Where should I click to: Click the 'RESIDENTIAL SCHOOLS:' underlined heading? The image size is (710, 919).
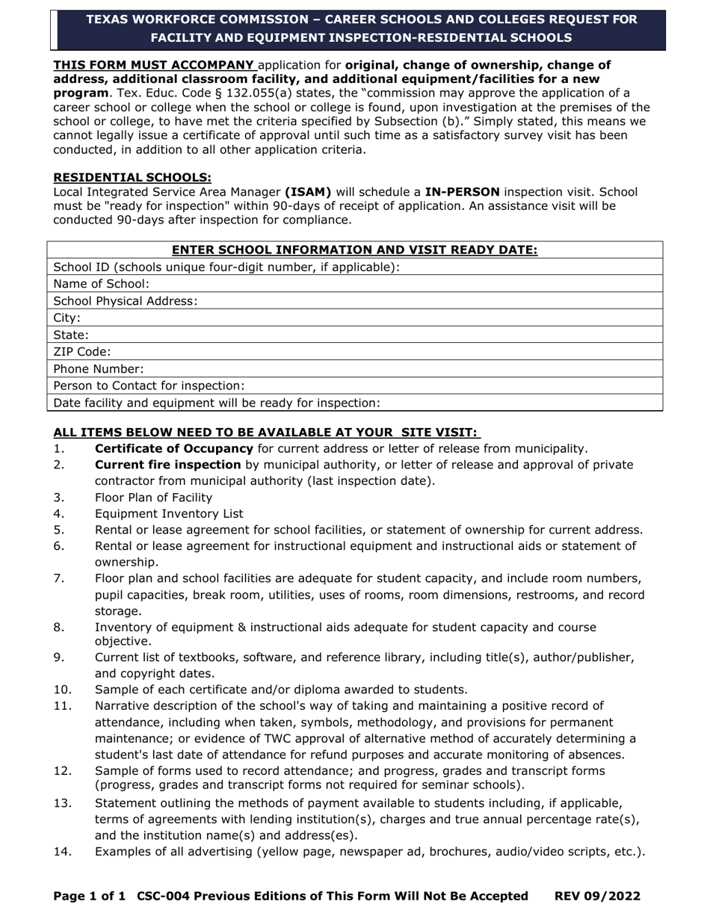coord(132,177)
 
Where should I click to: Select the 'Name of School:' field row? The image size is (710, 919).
coord(354,284)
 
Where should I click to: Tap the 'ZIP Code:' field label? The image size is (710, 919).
coord(82,352)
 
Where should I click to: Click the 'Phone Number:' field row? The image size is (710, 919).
coord(354,369)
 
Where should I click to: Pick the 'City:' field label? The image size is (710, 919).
coord(67,318)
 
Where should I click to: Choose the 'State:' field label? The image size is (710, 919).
coord(71,335)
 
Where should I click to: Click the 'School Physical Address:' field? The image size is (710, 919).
coord(354,301)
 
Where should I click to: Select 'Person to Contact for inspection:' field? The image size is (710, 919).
coord(354,386)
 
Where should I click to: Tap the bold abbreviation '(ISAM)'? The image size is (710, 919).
coord(308,192)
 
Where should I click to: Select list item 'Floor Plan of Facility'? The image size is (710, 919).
coord(153,498)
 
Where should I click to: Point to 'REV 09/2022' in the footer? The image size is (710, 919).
coord(597,896)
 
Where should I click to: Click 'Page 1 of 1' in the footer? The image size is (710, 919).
coord(90,896)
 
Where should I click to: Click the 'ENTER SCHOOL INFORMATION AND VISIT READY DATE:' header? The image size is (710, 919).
coord(354,250)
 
